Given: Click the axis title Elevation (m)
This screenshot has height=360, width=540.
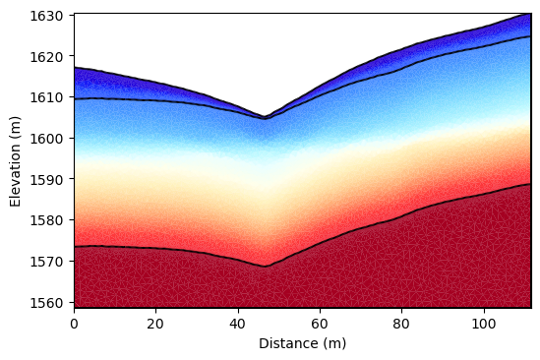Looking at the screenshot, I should [15, 160].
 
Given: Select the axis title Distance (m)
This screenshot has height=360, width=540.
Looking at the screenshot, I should [302, 343].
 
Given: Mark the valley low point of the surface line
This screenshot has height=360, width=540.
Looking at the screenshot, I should [264, 118].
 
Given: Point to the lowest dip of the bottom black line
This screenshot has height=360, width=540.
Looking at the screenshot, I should [265, 267].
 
